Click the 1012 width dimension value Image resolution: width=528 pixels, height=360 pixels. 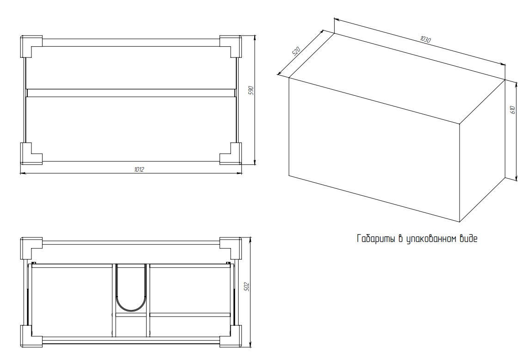(139, 169)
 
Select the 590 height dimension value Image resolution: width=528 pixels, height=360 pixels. (251, 90)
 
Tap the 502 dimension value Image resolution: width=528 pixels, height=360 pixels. (246, 286)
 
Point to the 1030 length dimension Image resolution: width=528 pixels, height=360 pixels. (425, 39)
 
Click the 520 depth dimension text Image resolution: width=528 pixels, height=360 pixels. (295, 50)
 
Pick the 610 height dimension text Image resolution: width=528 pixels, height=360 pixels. (512, 110)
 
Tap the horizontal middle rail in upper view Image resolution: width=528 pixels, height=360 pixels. (131, 93)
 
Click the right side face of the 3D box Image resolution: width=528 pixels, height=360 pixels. (483, 151)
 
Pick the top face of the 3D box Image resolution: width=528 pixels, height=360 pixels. (397, 78)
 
